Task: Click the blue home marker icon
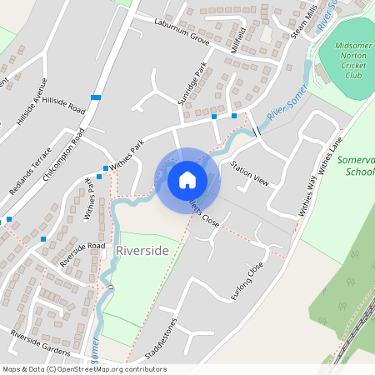point(187,178)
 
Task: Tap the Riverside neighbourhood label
point(142,250)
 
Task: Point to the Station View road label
point(251,173)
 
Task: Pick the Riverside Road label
point(82,253)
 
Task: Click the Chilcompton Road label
point(69,155)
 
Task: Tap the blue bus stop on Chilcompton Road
point(96,98)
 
